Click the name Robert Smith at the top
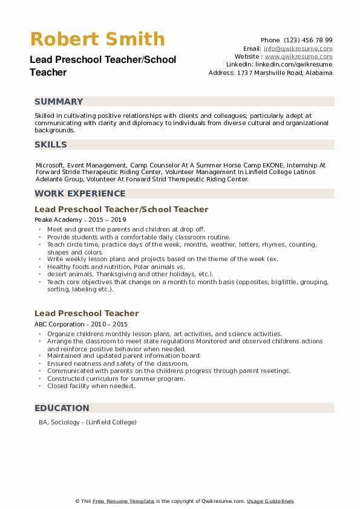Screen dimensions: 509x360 point(97,39)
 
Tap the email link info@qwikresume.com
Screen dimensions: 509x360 point(298,48)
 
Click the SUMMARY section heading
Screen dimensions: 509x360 point(59,102)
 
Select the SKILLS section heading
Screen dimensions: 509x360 point(51,144)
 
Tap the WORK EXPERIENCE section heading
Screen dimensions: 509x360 point(80,193)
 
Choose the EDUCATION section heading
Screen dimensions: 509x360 point(62,408)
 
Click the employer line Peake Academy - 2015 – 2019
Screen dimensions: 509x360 point(80,220)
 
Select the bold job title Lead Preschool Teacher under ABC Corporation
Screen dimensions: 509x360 point(87,313)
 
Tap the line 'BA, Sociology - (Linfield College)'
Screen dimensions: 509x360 point(88,422)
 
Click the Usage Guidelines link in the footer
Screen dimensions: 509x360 point(270,501)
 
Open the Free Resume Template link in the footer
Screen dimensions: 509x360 point(123,501)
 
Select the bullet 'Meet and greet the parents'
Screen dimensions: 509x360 point(126,230)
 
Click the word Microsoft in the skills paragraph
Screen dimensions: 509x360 point(50,164)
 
